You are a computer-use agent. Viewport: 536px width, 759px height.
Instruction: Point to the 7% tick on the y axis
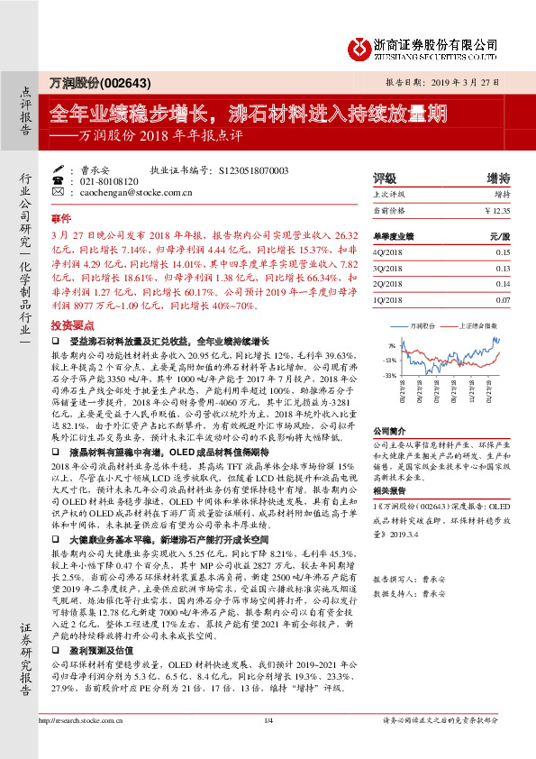coord(391,345)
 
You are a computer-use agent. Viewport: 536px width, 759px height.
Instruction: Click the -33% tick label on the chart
coord(389,373)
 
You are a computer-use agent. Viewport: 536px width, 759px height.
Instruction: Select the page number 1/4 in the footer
coord(268,745)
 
